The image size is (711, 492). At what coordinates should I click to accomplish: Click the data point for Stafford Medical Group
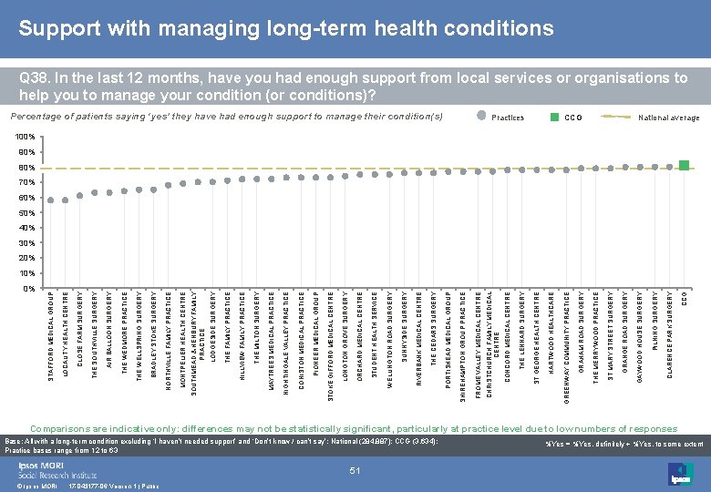point(51,200)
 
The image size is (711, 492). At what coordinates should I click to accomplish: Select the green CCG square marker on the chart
point(685,165)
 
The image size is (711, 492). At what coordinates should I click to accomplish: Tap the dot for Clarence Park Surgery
point(670,166)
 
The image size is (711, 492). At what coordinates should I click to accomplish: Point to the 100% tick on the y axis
point(27,138)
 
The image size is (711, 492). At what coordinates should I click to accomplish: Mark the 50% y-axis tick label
point(27,213)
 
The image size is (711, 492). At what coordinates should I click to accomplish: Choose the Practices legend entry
point(507,118)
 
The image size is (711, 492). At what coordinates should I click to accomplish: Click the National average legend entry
point(669,118)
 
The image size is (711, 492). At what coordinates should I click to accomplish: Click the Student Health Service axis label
point(375,328)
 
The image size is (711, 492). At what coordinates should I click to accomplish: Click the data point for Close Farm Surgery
point(80,195)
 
